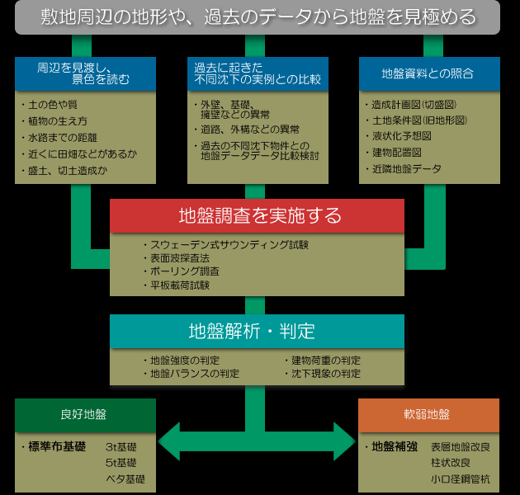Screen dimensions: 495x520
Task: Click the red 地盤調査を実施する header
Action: (258, 216)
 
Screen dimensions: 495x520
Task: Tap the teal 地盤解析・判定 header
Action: (258, 332)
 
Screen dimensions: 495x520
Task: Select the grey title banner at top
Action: (258, 16)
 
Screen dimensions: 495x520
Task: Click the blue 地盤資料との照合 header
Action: (428, 73)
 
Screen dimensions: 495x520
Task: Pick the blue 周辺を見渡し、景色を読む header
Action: (84, 73)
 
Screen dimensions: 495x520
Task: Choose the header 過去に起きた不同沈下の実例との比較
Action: (257, 73)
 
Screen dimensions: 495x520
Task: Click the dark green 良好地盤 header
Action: (84, 414)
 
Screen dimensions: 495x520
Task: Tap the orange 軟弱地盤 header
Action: (428, 414)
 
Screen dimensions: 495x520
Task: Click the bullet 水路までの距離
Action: (61, 138)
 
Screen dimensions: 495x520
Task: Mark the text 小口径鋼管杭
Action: (460, 478)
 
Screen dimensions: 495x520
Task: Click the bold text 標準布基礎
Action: (57, 447)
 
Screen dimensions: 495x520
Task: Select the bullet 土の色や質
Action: (52, 106)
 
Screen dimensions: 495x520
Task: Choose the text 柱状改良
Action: (450, 463)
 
